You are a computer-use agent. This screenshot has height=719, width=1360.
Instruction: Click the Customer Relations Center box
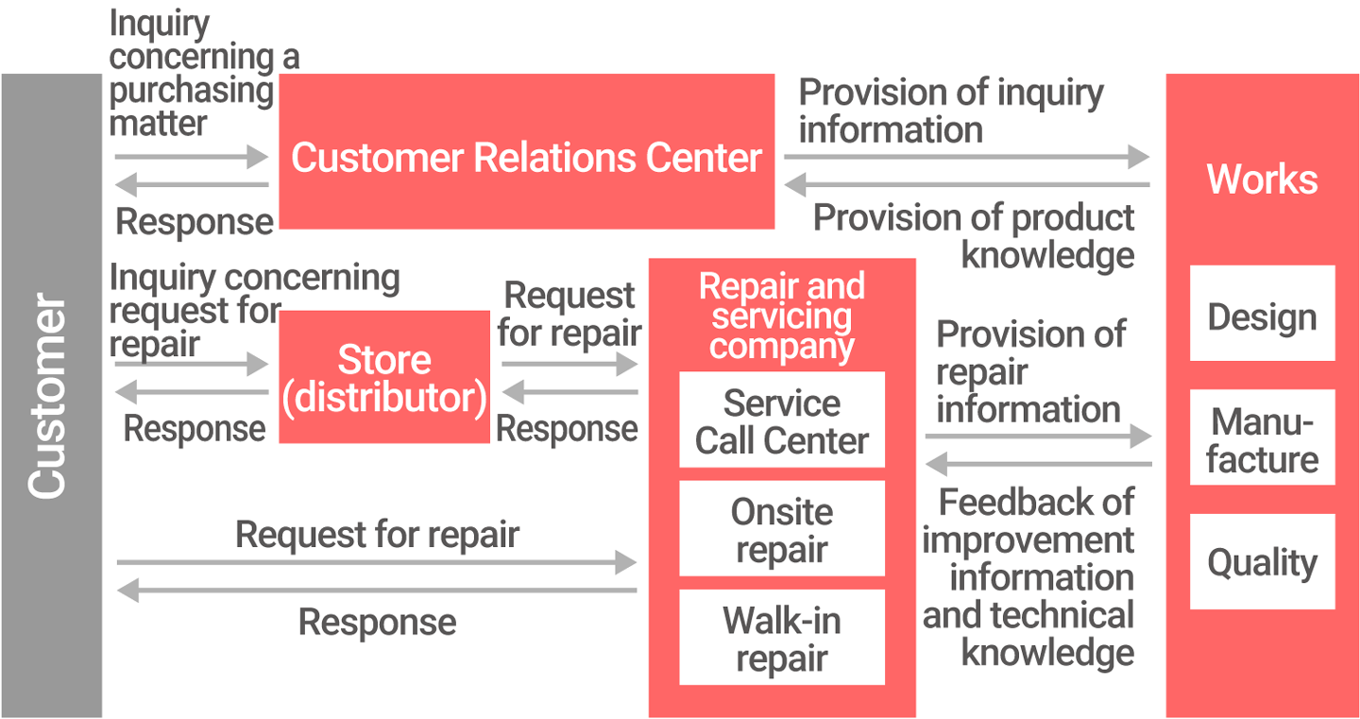pyautogui.click(x=526, y=156)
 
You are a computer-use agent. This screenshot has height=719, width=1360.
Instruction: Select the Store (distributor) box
pyautogui.click(x=384, y=378)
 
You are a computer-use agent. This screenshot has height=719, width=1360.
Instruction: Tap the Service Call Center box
pyautogui.click(x=782, y=421)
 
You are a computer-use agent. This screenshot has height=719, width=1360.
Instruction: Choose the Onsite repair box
pyautogui.click(x=782, y=530)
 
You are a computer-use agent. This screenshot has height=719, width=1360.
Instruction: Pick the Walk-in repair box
pyautogui.click(x=782, y=639)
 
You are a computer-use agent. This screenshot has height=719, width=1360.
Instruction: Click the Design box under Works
pyautogui.click(x=1262, y=316)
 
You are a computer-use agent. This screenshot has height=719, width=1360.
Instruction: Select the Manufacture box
pyautogui.click(x=1262, y=439)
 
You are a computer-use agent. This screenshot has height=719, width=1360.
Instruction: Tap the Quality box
pyautogui.click(x=1262, y=563)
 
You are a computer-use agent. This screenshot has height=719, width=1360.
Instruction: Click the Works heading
pyautogui.click(x=1262, y=180)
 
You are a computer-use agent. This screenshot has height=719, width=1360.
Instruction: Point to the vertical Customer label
pyautogui.click(x=49, y=397)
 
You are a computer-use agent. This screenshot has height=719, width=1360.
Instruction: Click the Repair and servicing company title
pyautogui.click(x=782, y=317)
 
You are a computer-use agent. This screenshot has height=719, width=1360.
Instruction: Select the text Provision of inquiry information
pyautogui.click(x=950, y=111)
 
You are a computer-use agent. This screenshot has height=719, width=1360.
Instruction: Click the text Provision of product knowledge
pyautogui.click(x=975, y=236)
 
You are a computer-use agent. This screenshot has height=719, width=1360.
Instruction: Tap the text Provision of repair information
pyautogui.click(x=1029, y=371)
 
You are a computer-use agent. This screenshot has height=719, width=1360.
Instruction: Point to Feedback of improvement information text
pyautogui.click(x=1029, y=576)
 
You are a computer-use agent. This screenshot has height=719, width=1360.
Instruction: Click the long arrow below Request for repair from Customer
pyautogui.click(x=377, y=563)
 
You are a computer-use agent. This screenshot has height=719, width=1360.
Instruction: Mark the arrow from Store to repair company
pyautogui.click(x=569, y=363)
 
